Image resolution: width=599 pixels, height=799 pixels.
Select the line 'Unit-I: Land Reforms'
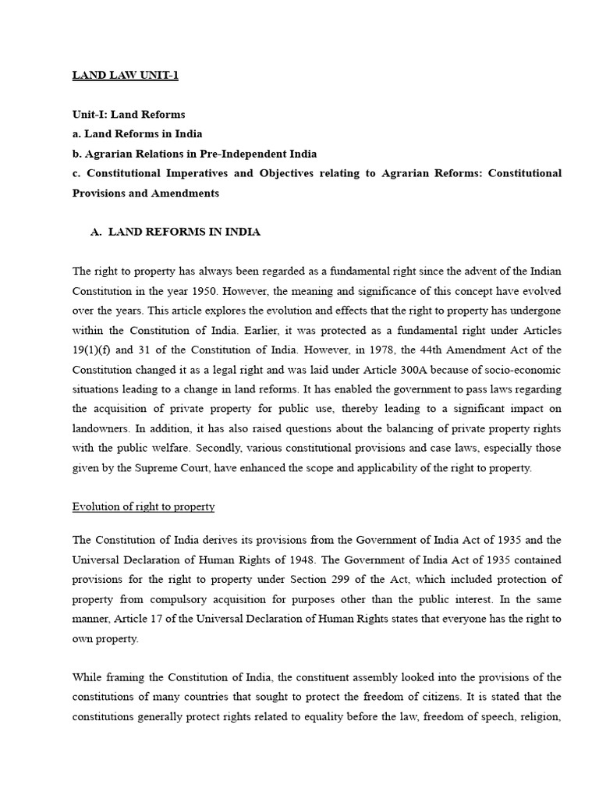click(x=129, y=115)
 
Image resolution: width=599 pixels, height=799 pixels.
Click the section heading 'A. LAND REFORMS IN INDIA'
click(x=175, y=232)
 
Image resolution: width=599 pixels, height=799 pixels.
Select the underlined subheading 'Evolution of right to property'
click(x=144, y=506)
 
